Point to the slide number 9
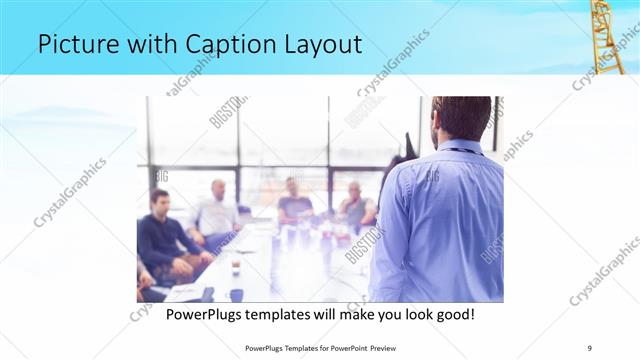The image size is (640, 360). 590,347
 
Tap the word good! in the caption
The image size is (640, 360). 452,315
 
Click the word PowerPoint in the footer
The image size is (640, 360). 343,347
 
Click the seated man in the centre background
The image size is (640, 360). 294,200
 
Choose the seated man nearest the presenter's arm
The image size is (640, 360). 355,204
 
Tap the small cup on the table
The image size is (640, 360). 236,267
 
